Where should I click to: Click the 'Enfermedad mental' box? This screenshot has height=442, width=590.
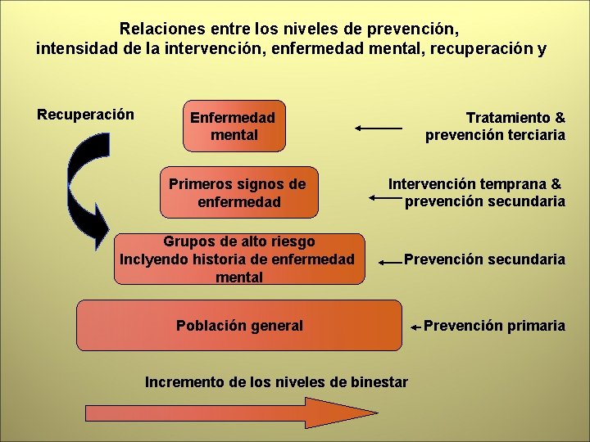(234, 126)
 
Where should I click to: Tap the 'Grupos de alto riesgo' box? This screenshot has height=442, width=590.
(238, 259)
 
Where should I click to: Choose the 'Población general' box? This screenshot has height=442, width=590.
(239, 325)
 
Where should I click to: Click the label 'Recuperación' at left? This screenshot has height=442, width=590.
(85, 114)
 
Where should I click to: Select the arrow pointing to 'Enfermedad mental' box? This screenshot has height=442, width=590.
(379, 128)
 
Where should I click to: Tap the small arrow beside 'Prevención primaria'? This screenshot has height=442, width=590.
(416, 327)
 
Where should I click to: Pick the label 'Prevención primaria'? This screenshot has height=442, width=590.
(494, 326)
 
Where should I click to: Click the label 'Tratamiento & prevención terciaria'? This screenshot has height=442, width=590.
(496, 126)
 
